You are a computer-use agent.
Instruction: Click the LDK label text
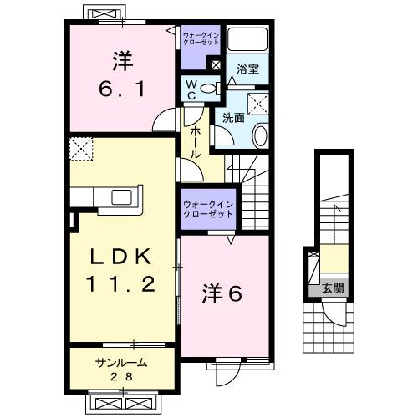point(120,256)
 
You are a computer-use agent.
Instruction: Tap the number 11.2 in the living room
point(121,285)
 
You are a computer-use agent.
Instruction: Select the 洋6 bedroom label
point(223,294)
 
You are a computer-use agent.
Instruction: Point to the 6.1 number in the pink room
point(121,86)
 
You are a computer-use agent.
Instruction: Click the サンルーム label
point(120,362)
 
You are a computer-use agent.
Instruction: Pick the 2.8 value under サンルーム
point(120,375)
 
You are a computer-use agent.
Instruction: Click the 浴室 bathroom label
point(247,69)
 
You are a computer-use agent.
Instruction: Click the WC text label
point(191,87)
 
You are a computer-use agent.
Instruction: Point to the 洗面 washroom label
point(233,118)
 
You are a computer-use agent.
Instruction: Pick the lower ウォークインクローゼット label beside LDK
point(208,208)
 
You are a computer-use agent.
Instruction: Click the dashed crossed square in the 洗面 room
point(257,103)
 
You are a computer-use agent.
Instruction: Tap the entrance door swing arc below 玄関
point(334,316)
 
